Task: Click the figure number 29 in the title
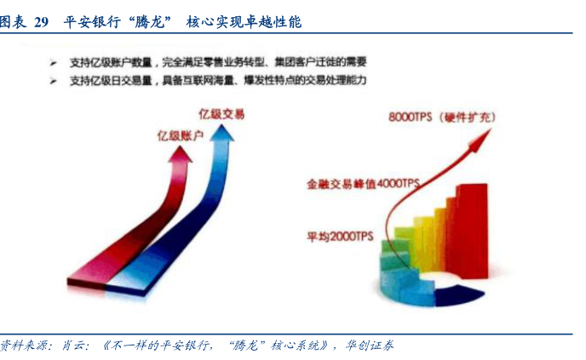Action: click(x=41, y=22)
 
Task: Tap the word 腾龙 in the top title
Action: click(x=150, y=22)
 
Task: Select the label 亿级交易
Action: click(x=221, y=113)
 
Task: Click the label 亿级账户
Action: click(x=180, y=135)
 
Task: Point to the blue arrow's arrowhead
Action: click(x=222, y=133)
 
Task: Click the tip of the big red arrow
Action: click(x=181, y=146)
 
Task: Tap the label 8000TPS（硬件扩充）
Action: click(x=442, y=117)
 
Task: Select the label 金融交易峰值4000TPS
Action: click(x=363, y=183)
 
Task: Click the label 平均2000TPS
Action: click(x=340, y=237)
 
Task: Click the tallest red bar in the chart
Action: click(x=473, y=231)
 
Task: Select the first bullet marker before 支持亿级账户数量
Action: click(x=54, y=63)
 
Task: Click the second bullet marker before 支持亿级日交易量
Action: click(x=54, y=81)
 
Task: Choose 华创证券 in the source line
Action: click(x=370, y=346)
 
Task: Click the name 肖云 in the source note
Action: click(x=73, y=346)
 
